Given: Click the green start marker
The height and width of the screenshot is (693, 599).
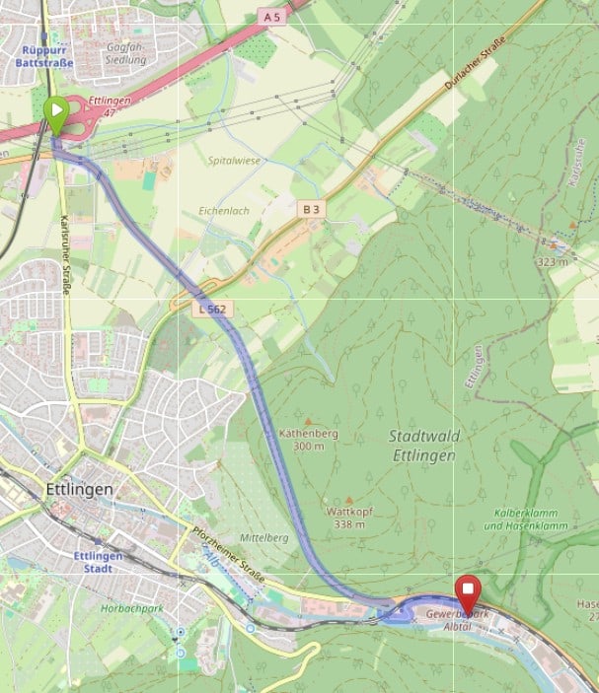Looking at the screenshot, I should pos(56,112).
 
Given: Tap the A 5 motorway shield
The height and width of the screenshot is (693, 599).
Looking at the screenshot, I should pos(273,17).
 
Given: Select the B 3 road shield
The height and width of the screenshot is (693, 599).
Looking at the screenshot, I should pos(312,209).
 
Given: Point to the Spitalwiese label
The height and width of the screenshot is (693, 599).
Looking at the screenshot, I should pos(233,160).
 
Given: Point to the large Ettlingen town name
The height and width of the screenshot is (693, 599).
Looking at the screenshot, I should pos(80,489).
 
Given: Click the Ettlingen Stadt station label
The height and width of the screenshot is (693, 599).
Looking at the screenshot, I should pos(98,562).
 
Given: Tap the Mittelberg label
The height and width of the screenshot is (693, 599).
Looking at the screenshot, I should pos(264,538).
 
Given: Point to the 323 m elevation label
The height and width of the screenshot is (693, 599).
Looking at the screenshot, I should pos(553,262).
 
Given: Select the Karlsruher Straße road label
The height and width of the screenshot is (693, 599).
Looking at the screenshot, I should pos(65,254).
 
